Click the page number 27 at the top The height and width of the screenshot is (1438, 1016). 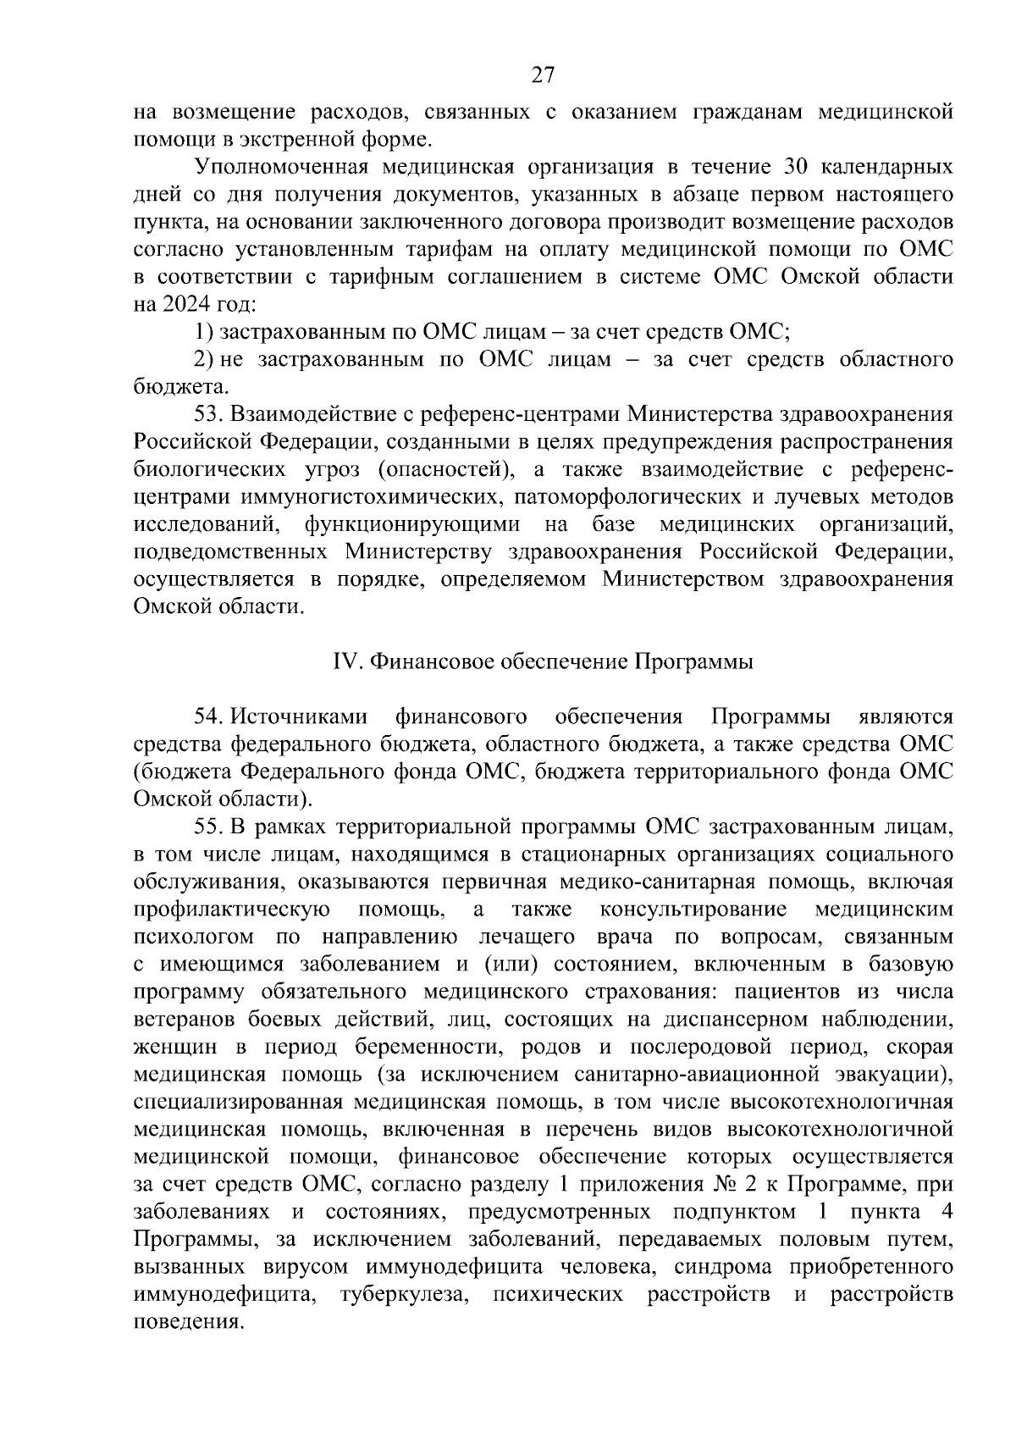pos(543,75)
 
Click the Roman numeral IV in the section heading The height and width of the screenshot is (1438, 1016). pos(345,661)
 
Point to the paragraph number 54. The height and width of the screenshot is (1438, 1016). pos(210,716)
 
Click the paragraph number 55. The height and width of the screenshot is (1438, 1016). pos(210,827)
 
